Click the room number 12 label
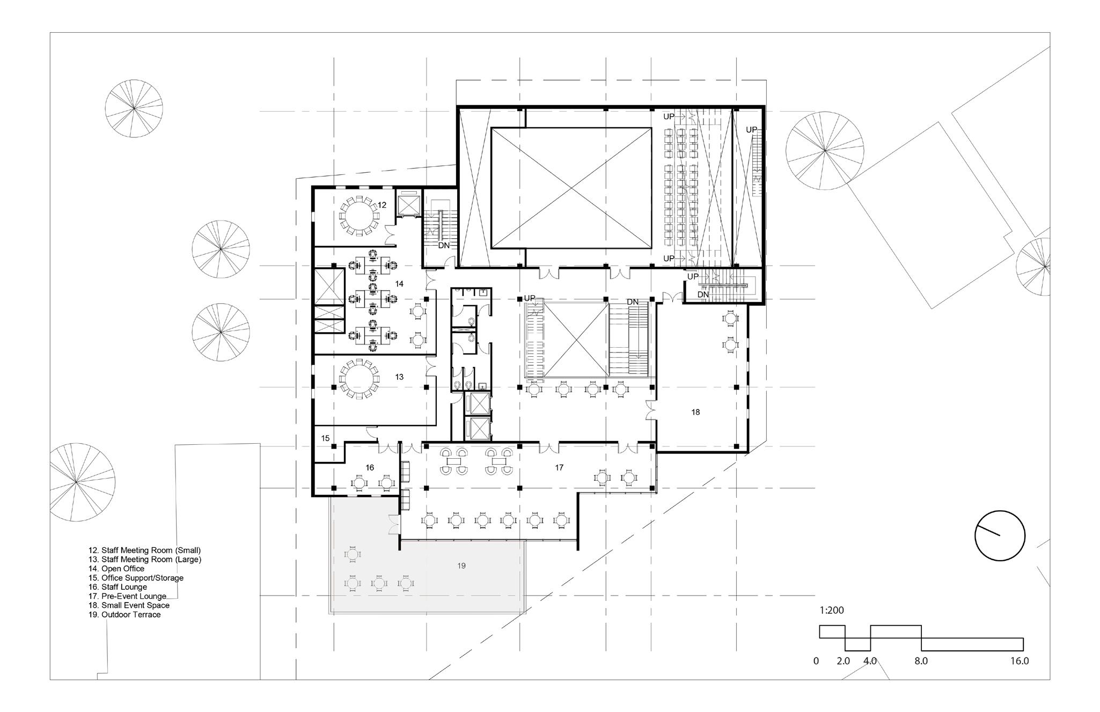(382, 205)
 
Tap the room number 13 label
(399, 377)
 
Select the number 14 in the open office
(399, 284)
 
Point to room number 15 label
(326, 438)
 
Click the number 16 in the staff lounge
(370, 468)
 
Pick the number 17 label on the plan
(559, 468)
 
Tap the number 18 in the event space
(695, 413)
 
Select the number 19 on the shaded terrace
(462, 566)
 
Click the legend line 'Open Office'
(116, 569)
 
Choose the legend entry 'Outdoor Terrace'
(124, 615)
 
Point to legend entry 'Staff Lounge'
(118, 587)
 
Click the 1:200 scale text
(832, 610)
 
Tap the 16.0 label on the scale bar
(1018, 661)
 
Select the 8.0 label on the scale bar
(921, 661)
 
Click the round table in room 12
(358, 216)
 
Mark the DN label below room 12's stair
(444, 246)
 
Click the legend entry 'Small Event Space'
(129, 605)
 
